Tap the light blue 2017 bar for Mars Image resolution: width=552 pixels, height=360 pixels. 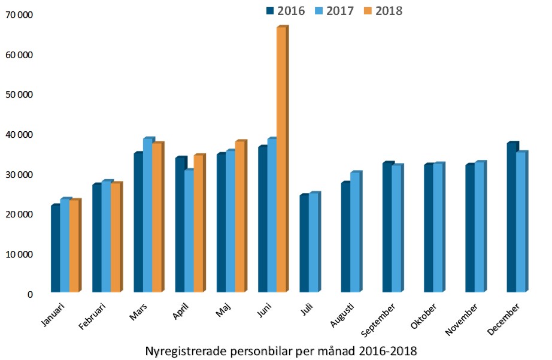pos(147,216)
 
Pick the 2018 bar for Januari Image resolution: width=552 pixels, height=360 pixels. pos(74,246)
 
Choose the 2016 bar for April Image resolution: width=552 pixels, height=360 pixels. pos(179,225)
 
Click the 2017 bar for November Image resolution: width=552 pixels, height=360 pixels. pos(479,227)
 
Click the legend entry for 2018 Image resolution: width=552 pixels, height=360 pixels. pos(383,11)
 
